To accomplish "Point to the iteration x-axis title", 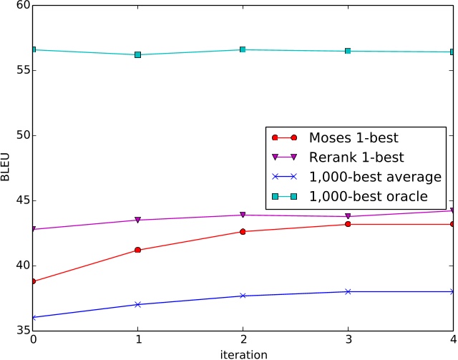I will click(x=243, y=354).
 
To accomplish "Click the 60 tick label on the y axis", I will click(x=22, y=6).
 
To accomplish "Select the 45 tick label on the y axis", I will click(x=22, y=200).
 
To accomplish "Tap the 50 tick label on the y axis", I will click(x=22, y=135).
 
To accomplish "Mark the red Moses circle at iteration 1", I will click(x=138, y=250).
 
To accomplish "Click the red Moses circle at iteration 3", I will click(x=348, y=224).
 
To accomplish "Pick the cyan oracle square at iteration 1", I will click(x=138, y=54).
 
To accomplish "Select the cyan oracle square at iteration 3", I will click(x=348, y=51).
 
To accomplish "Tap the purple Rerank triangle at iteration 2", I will click(x=243, y=215).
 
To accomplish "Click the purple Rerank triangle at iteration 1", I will click(x=138, y=220).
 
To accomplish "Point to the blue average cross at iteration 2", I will click(x=243, y=296).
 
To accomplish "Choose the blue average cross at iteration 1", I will click(x=138, y=304).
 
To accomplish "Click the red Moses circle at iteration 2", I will click(x=243, y=231).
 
